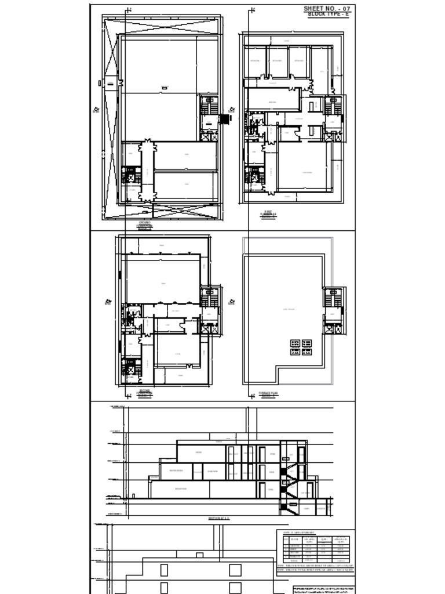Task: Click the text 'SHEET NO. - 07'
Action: [x=327, y=8]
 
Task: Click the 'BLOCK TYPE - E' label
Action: [x=329, y=13]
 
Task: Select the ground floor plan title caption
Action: [x=144, y=224]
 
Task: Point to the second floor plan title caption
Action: [x=144, y=393]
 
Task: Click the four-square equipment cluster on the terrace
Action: [x=301, y=347]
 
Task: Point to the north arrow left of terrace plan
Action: [x=232, y=302]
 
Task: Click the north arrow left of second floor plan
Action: [x=108, y=302]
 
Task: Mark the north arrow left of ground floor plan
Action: [x=96, y=109]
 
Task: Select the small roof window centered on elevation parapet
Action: [x=199, y=555]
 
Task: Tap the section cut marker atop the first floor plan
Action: [x=251, y=10]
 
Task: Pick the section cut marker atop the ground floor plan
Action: [x=128, y=10]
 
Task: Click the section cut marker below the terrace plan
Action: [x=251, y=396]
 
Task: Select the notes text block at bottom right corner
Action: [x=323, y=589]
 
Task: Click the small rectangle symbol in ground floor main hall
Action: [x=164, y=88]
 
